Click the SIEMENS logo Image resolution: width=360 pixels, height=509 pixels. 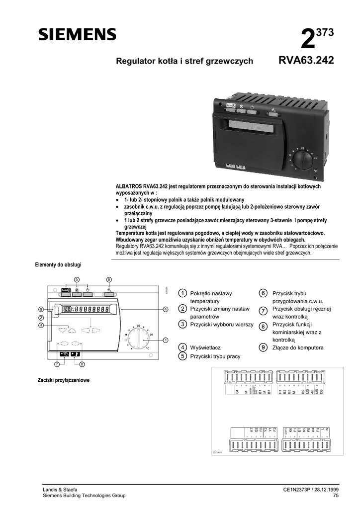77,34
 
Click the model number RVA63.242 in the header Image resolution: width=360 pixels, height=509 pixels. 306,61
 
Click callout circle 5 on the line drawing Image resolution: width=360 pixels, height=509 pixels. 77,279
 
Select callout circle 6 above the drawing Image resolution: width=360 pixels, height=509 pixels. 108,279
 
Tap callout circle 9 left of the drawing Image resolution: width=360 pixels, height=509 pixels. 41,309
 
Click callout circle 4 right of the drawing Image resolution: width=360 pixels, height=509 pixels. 165,309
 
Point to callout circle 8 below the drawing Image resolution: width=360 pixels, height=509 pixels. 82,364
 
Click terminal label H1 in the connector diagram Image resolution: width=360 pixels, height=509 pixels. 280,392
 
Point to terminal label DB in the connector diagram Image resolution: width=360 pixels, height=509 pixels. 322,392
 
